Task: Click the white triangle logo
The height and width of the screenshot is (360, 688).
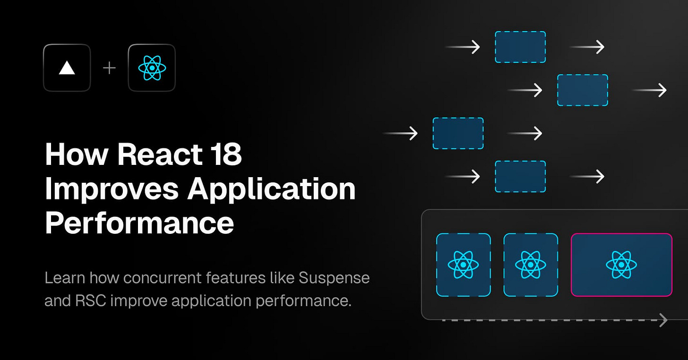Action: [x=67, y=68]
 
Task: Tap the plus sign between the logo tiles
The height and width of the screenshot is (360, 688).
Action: [x=109, y=68]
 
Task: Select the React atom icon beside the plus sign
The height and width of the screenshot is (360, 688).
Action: [x=152, y=68]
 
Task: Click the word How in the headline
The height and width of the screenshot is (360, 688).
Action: [x=74, y=154]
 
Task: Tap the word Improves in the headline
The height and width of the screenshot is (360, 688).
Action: [x=112, y=189]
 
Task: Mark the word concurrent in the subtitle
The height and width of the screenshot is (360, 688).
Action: [x=163, y=278]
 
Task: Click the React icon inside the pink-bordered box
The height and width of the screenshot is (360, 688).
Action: [x=621, y=265]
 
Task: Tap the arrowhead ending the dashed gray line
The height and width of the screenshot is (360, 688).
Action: [x=663, y=320]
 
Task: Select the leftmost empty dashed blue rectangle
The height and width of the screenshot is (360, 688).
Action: [x=458, y=133]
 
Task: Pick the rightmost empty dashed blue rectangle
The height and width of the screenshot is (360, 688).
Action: [x=582, y=90]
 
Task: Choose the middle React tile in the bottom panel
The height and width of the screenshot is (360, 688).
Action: [x=531, y=265]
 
